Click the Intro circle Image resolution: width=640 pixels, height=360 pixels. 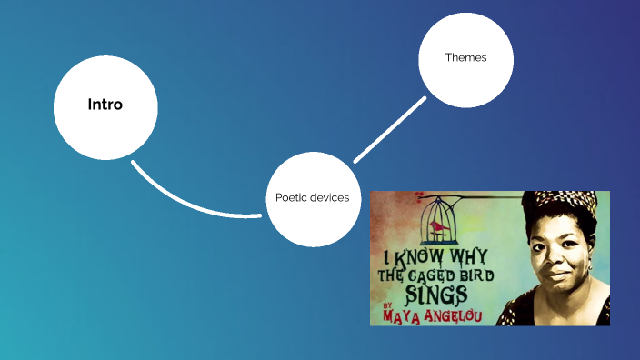pyautogui.click(x=105, y=106)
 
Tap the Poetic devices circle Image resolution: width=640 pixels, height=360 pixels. pyautogui.click(x=313, y=198)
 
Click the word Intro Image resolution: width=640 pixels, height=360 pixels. pyautogui.click(x=105, y=105)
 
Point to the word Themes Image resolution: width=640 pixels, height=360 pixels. pyautogui.click(x=465, y=57)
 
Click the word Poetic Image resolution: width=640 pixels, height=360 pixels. pyautogui.click(x=292, y=198)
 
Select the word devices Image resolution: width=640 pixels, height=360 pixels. pyautogui.click(x=330, y=198)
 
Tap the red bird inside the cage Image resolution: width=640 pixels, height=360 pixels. pyautogui.click(x=439, y=224)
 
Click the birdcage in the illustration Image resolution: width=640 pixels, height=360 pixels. pyautogui.click(x=439, y=216)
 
